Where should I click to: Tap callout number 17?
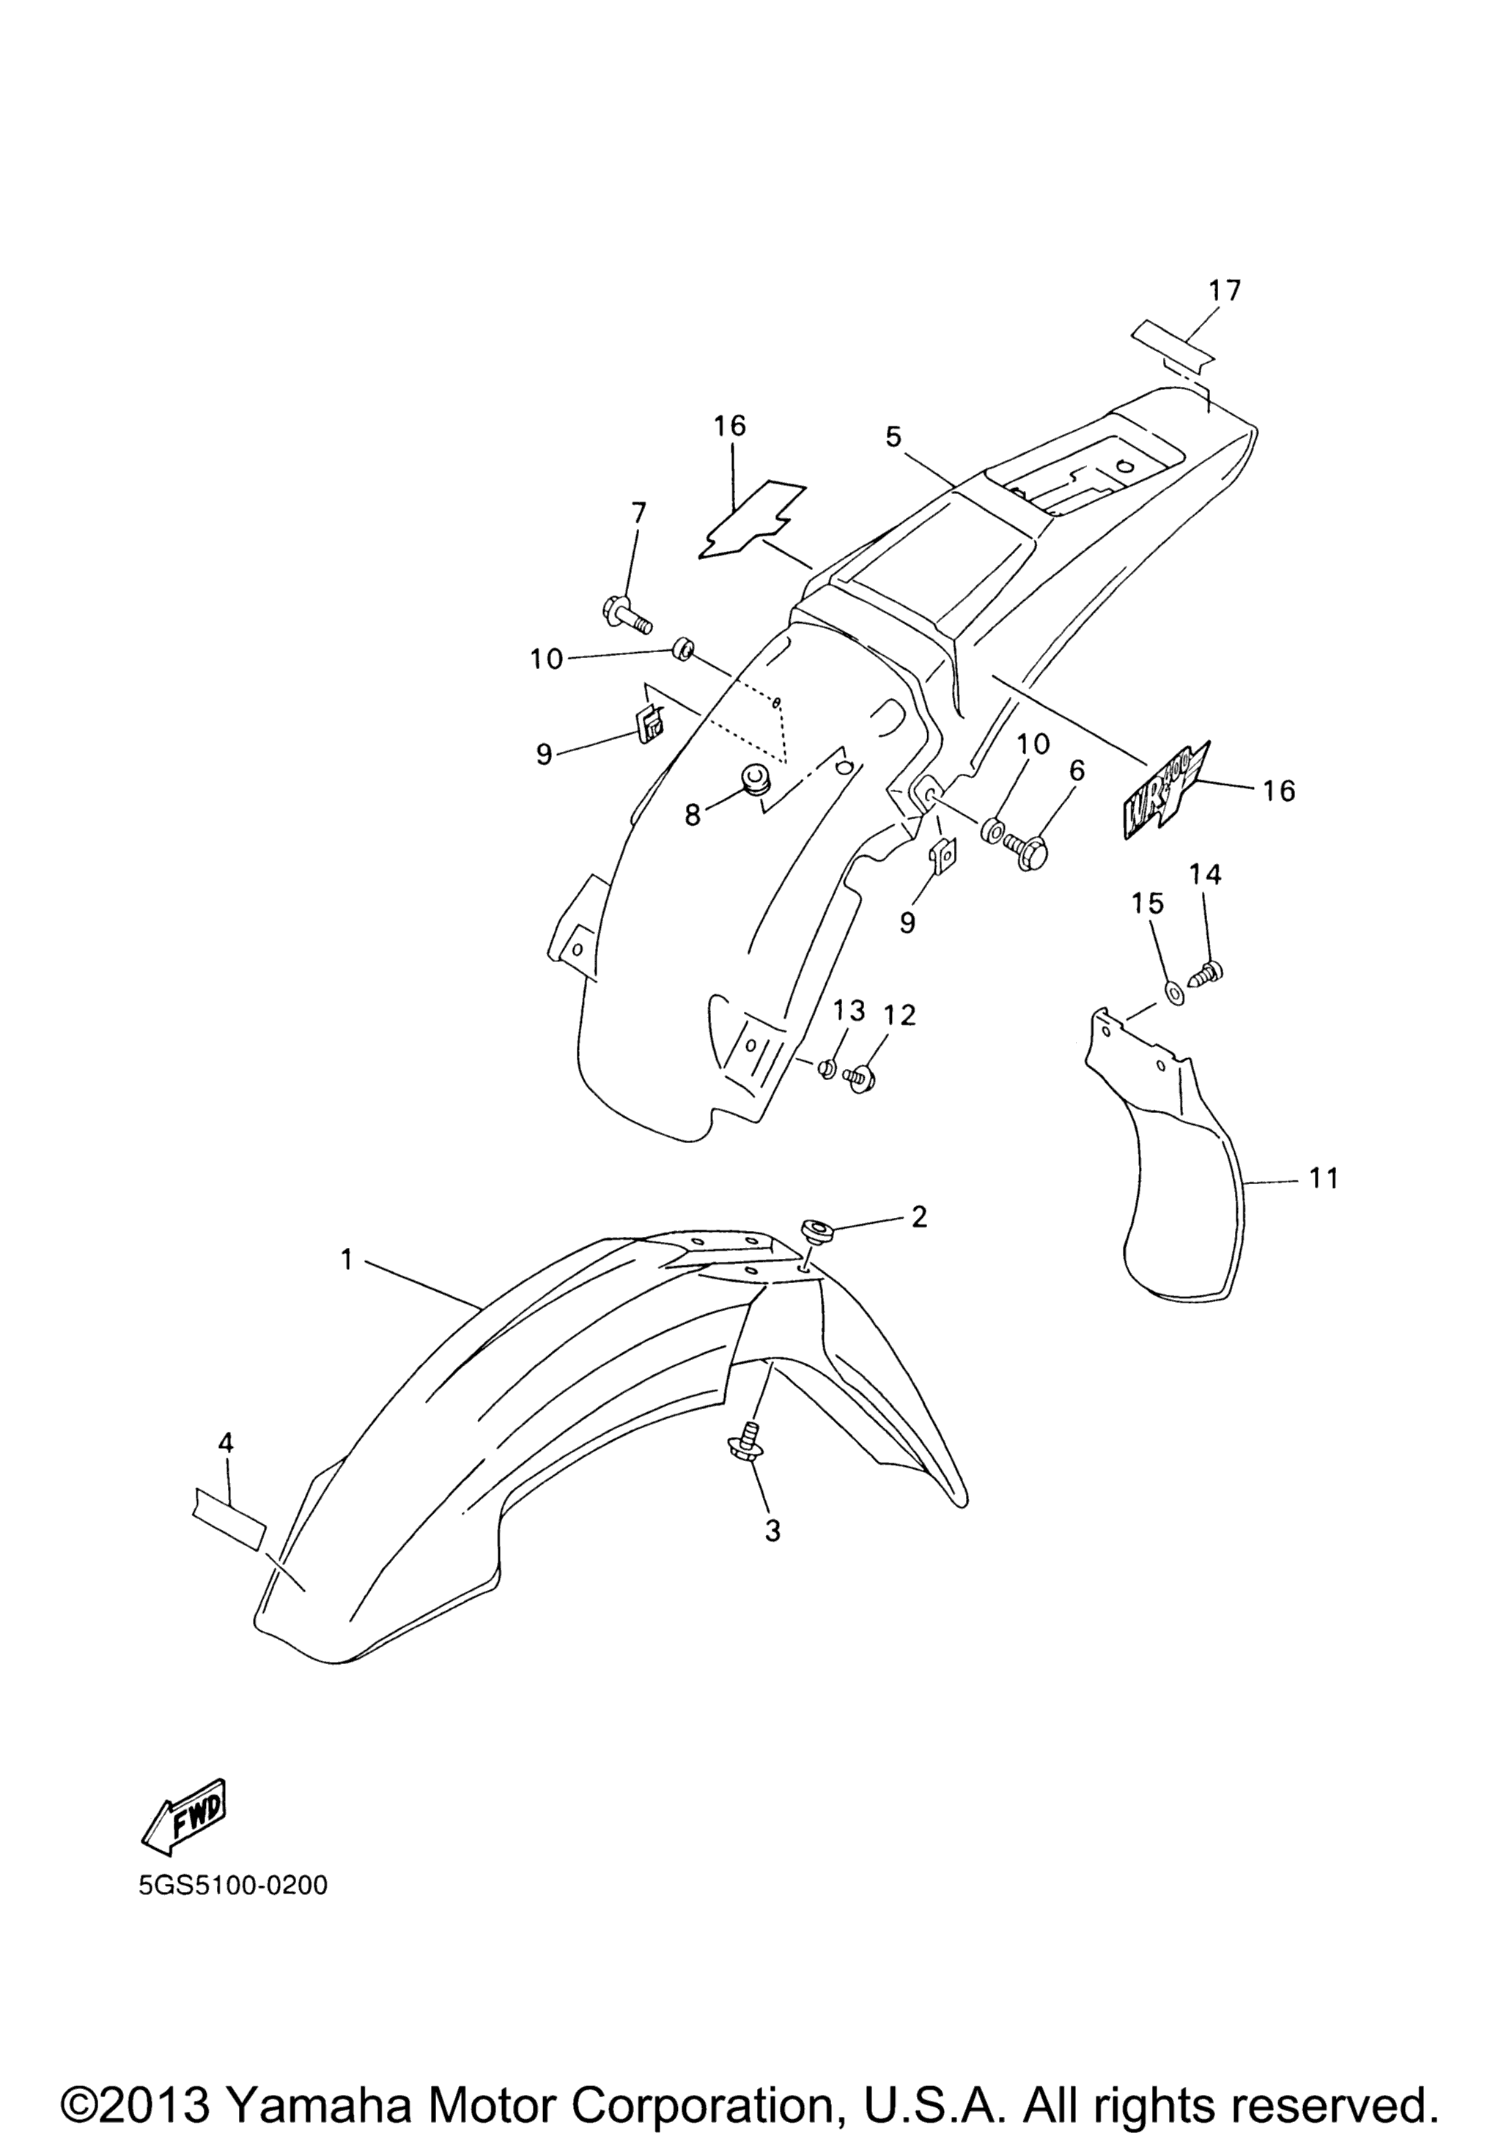pyautogui.click(x=1225, y=290)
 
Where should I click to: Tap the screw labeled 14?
pyautogui.click(x=1207, y=972)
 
